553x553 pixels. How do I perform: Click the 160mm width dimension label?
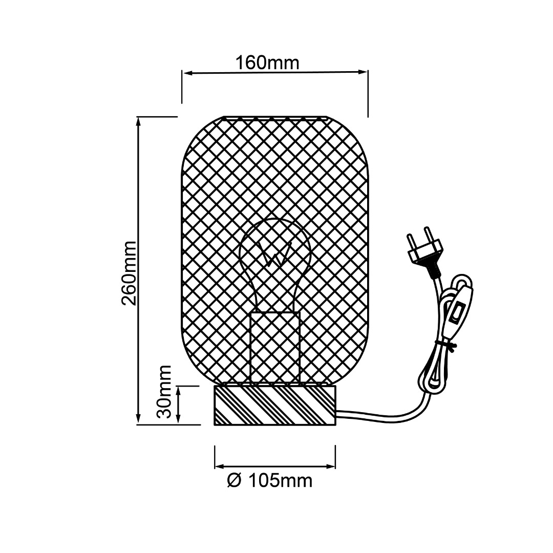(x=267, y=63)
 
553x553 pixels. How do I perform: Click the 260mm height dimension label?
(x=129, y=273)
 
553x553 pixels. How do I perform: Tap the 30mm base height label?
(x=164, y=392)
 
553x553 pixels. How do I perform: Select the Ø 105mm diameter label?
(x=270, y=481)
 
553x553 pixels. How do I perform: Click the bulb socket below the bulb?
(x=275, y=347)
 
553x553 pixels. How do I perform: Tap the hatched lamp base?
(x=275, y=405)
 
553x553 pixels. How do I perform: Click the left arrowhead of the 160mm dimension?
(x=187, y=73)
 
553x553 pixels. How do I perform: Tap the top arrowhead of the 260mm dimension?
(x=139, y=122)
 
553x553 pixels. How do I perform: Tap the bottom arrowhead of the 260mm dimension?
(x=139, y=419)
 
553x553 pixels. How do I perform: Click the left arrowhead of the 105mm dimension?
(x=220, y=466)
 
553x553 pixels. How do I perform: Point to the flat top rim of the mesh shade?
(x=275, y=118)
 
